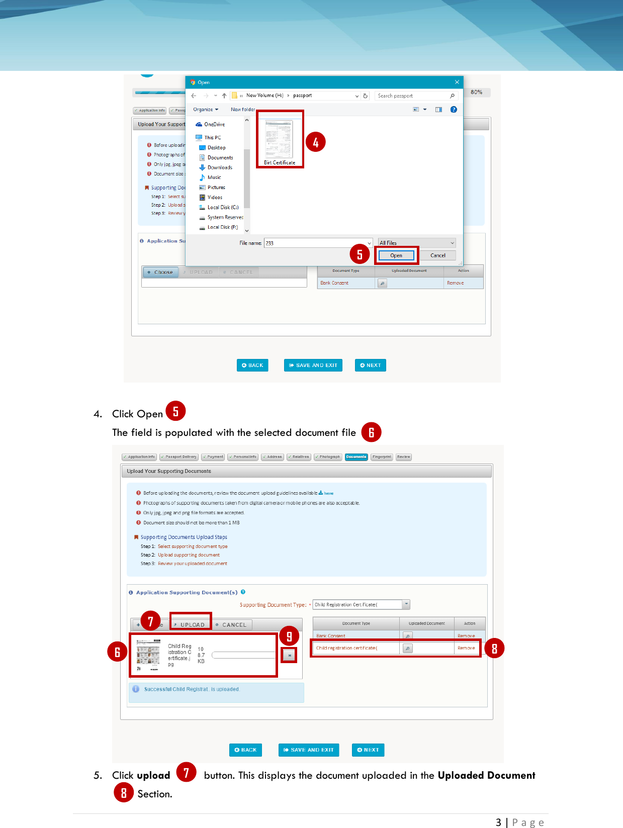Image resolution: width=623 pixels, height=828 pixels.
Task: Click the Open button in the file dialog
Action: point(396,255)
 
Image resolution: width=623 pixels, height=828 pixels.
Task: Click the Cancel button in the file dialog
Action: point(437,255)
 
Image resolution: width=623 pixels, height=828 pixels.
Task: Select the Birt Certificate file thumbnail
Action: point(280,140)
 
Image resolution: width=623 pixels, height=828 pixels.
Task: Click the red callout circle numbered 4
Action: point(316,143)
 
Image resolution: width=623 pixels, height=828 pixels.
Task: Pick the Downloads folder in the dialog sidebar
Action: point(220,167)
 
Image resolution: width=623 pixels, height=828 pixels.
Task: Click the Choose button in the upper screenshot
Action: point(161,272)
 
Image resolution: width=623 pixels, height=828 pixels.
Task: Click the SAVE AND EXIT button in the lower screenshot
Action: point(309,750)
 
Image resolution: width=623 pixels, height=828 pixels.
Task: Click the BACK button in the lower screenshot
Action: point(245,750)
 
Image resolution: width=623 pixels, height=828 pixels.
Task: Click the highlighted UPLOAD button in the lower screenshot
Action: point(192,624)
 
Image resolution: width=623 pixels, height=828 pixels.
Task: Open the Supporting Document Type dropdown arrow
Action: point(406,604)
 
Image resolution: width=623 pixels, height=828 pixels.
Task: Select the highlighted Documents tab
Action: point(356,457)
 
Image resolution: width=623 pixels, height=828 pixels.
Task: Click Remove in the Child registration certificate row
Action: point(466,648)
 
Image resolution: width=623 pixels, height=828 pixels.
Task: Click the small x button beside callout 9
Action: point(289,656)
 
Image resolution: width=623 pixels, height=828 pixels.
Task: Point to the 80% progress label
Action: point(476,92)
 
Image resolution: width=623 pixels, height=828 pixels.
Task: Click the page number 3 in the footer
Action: point(498,822)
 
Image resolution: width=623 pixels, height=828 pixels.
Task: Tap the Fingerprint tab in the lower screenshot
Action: point(382,457)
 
